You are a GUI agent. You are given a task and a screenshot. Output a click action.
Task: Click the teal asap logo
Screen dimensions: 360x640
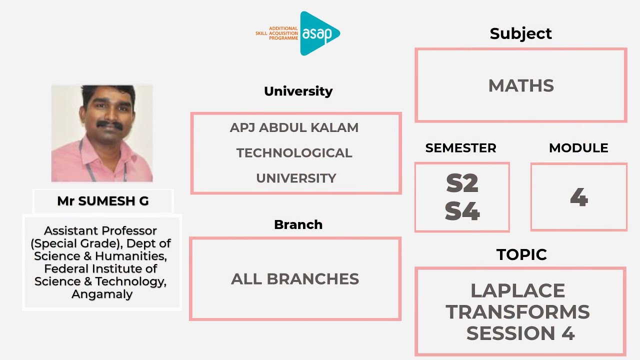click(319, 33)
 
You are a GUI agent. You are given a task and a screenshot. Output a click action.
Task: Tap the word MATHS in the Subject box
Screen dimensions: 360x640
click(521, 86)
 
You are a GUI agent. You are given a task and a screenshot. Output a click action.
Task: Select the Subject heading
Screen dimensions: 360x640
click(520, 33)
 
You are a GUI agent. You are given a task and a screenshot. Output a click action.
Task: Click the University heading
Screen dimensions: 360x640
click(298, 91)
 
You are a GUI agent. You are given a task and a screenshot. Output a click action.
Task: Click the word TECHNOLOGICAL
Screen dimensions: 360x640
click(294, 153)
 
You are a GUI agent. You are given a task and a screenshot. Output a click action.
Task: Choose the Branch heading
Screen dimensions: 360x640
click(298, 224)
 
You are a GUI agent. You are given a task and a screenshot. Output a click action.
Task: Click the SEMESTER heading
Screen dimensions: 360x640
click(460, 148)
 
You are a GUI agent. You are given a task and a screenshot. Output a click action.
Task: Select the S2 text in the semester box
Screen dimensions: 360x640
click(462, 184)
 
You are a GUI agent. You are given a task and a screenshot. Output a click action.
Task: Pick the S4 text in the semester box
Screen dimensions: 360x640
click(462, 212)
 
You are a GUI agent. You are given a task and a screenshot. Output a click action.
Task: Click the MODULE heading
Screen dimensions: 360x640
click(578, 148)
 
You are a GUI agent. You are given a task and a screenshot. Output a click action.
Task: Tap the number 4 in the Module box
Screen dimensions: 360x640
click(578, 198)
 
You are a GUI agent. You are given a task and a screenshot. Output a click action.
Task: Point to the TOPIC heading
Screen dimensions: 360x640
click(521, 254)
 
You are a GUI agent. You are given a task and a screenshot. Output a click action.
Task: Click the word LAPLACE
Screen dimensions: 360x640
click(517, 290)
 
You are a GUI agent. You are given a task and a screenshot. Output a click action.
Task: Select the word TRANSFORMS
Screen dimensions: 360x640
click(517, 312)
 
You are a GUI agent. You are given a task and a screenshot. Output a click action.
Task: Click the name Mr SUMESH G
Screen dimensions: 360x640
click(102, 201)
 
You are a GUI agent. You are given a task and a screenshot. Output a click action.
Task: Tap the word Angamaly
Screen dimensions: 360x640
click(102, 294)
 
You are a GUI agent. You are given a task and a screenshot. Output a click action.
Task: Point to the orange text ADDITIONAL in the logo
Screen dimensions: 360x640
click(283, 29)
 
